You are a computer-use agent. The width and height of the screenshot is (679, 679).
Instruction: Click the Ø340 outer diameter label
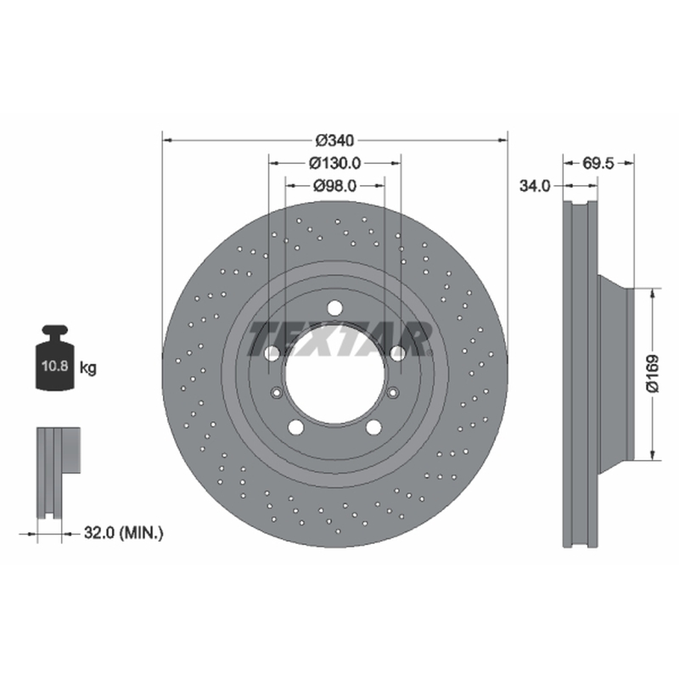(334, 140)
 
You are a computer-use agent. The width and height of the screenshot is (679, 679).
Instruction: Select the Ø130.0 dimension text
(334, 163)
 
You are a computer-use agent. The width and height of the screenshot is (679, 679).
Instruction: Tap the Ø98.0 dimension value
(334, 186)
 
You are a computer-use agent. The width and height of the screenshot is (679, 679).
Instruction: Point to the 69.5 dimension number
(598, 164)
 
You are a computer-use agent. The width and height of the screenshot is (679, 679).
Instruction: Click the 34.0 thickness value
(535, 186)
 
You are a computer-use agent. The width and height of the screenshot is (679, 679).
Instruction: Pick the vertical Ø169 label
(652, 373)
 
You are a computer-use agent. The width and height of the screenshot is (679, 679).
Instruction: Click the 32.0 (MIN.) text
(123, 533)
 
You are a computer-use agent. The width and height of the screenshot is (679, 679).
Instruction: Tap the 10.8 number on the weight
(55, 366)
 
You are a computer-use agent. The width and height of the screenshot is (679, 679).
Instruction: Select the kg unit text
(88, 368)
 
